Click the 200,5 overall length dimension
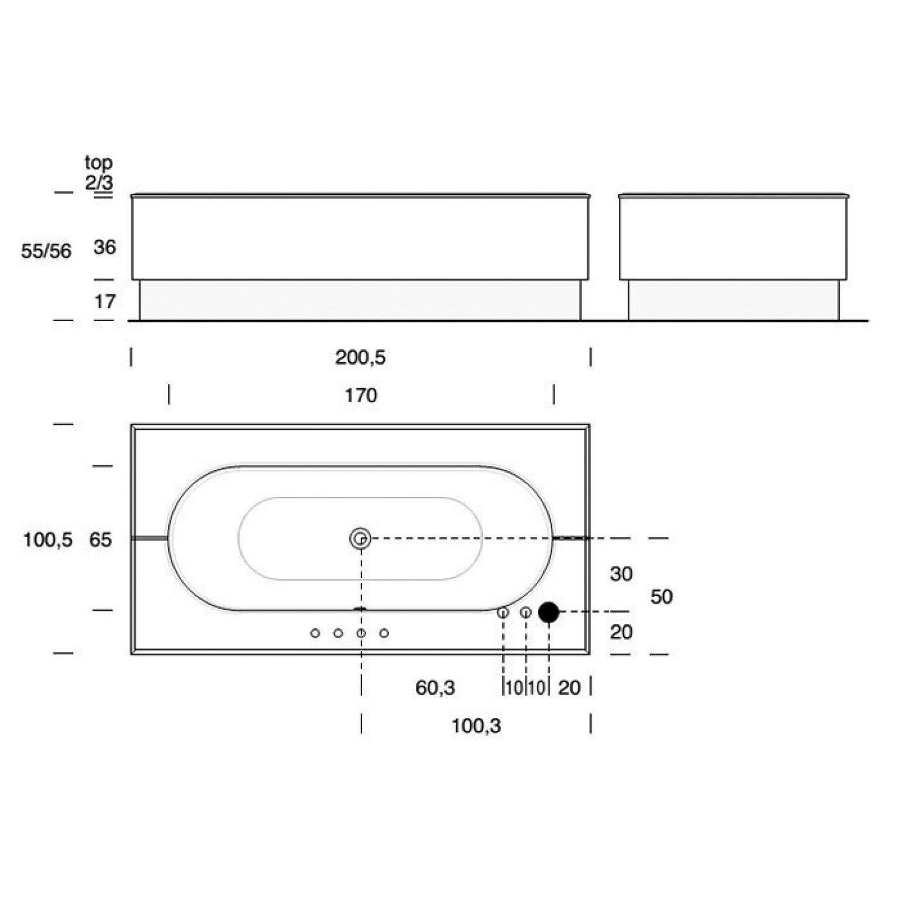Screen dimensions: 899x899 [x=360, y=357]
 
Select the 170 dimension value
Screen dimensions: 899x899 [x=360, y=396]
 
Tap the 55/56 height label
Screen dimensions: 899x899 [x=46, y=251]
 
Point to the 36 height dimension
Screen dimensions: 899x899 [x=105, y=247]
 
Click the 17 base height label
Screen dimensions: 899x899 [x=105, y=302]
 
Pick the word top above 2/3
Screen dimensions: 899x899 [x=98, y=163]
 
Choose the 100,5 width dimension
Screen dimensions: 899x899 [x=48, y=540]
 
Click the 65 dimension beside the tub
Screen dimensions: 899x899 [x=100, y=540]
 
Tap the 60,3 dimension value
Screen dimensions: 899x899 [x=435, y=687]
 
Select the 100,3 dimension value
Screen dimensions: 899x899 [x=476, y=727]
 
